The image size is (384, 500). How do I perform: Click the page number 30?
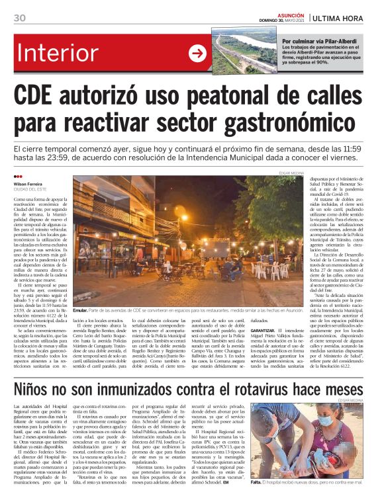pyautogui.click(x=19, y=18)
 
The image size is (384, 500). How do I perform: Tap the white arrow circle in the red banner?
pyautogui.click(x=197, y=54)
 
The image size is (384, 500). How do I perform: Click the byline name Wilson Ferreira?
pyautogui.click(x=27, y=183)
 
